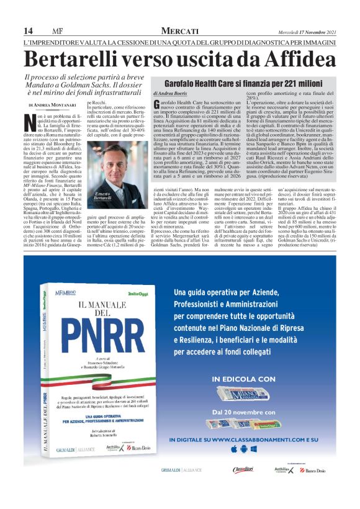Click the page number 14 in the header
28,31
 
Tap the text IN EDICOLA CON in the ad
243,378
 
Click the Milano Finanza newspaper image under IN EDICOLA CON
243,394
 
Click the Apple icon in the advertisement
233,448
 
